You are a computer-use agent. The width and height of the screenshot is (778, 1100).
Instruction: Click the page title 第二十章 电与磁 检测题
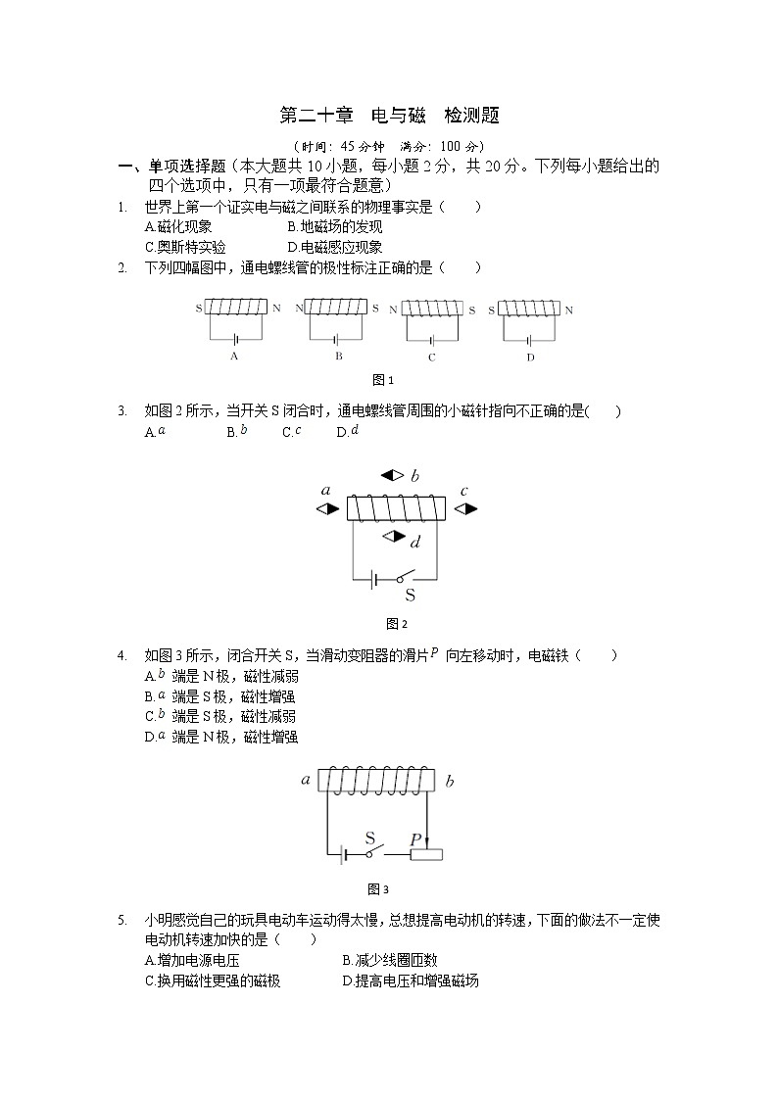tap(389, 116)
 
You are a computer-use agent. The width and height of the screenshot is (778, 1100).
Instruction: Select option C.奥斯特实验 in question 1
tap(185, 248)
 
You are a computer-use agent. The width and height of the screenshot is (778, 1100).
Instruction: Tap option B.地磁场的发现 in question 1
tap(328, 227)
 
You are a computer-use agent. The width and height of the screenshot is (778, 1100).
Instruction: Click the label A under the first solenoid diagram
tap(234, 357)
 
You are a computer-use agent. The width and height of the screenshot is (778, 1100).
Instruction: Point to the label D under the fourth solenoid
tap(530, 358)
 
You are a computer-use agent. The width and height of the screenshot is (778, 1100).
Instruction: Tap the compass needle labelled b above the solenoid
tap(392, 476)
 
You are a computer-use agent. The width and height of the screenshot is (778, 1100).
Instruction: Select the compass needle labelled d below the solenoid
tap(394, 536)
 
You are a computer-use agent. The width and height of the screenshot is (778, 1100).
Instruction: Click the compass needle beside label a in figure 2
tap(327, 509)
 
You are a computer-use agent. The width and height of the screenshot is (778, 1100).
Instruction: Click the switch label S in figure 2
tap(410, 595)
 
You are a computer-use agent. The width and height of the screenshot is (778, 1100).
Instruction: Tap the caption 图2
tap(396, 624)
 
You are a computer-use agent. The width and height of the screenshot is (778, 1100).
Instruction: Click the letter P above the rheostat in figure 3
tap(415, 839)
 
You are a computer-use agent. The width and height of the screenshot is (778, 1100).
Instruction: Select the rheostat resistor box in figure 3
tap(425, 855)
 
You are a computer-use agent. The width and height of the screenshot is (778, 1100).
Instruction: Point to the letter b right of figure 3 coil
tap(450, 782)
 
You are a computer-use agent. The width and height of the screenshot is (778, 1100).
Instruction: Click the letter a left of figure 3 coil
tap(306, 781)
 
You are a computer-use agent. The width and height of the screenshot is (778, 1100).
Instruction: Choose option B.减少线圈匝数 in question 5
tap(390, 961)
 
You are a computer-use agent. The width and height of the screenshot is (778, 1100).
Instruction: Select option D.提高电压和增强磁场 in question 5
tap(411, 981)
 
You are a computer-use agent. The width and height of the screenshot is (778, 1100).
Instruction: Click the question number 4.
tap(122, 655)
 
